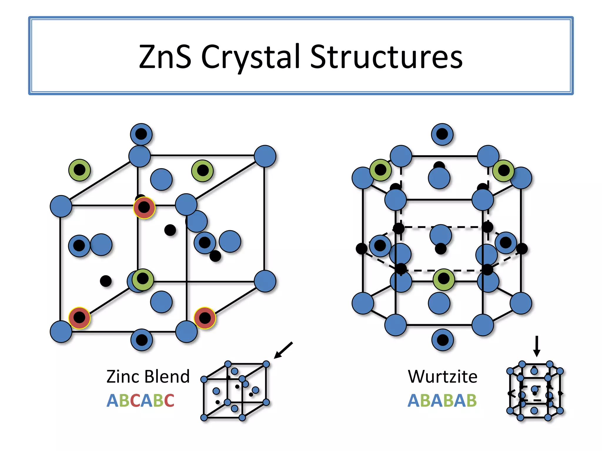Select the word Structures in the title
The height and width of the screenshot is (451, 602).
[386, 56]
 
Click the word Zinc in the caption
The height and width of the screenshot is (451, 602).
[123, 377]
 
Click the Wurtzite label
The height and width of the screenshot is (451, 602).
[442, 377]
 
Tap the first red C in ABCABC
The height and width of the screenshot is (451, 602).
[135, 400]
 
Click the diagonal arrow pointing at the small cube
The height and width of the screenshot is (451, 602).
[283, 350]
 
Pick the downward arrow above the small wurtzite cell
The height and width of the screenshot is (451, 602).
[537, 346]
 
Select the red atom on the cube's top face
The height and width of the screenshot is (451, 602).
[144, 208]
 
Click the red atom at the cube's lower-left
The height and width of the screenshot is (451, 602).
[79, 318]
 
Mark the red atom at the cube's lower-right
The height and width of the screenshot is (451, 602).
[205, 318]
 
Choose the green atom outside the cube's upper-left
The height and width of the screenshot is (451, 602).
[79, 170]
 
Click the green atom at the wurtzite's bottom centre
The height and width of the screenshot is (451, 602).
[444, 279]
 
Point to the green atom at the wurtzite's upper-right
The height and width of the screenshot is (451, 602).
[504, 170]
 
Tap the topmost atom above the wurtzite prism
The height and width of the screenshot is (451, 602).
[442, 134]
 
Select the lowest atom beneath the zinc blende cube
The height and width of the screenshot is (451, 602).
[142, 340]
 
